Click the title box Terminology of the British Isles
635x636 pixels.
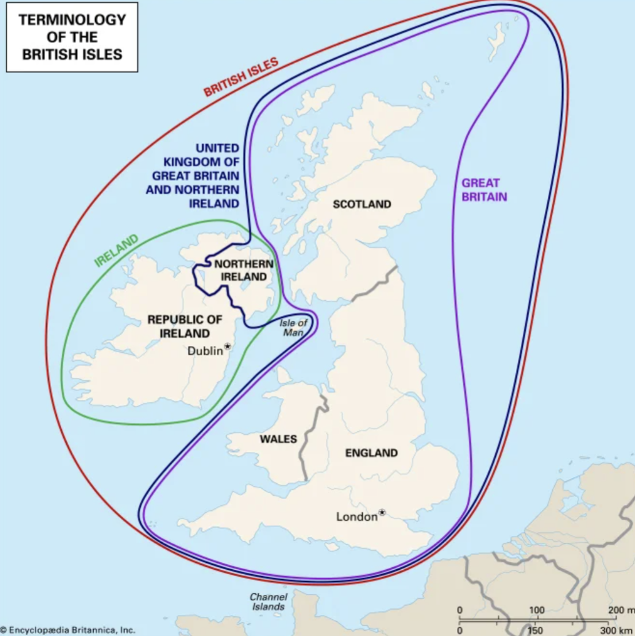tap(72, 36)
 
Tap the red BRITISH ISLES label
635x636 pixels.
tap(241, 77)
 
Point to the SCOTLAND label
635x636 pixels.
tap(362, 204)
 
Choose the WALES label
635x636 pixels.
tap(278, 439)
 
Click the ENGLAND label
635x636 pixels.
tap(371, 453)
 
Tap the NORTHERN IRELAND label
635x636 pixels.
tap(244, 270)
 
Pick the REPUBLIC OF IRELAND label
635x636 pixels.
tap(185, 326)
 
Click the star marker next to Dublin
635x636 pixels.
tap(228, 347)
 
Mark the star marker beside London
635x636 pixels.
tap(382, 512)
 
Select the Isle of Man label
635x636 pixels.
tap(293, 328)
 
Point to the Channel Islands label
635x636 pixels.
tap(267, 602)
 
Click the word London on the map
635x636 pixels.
tap(356, 517)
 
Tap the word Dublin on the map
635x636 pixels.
tap(205, 351)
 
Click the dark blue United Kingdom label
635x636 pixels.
tap(193, 175)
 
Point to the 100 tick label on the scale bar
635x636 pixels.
tap(537, 610)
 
